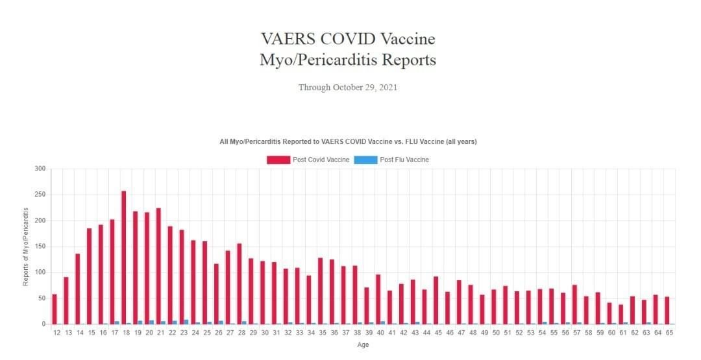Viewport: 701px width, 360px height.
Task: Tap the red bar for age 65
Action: pos(667,311)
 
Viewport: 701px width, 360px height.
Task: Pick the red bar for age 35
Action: pos(320,291)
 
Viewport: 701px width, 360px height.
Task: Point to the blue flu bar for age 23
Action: pos(186,322)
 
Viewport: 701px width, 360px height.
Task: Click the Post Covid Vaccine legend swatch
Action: pos(278,160)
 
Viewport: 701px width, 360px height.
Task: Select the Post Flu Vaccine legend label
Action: pos(404,160)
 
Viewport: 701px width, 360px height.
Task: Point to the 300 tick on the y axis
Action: pos(40,169)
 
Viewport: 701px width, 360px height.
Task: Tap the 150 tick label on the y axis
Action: pos(40,246)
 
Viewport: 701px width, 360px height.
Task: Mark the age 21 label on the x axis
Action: pos(160,333)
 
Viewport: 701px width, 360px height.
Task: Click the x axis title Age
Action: pos(363,345)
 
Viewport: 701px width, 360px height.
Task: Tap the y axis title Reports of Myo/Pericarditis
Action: pos(26,246)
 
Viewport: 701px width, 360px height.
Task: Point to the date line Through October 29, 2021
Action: pos(347,88)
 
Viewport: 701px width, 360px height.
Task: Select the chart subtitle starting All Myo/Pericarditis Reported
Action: pos(349,141)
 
